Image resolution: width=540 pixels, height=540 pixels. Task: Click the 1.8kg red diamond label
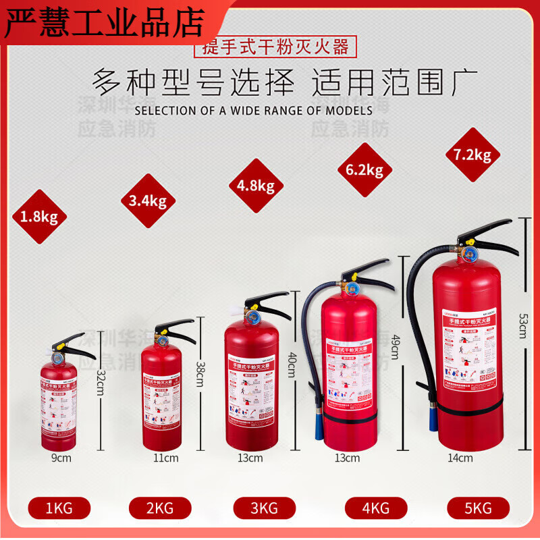[x=39, y=217]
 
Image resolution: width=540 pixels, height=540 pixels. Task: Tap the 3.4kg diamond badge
[x=148, y=200]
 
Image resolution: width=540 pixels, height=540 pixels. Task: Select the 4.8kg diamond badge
[x=256, y=186]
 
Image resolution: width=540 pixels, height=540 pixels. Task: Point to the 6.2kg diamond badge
[x=364, y=170]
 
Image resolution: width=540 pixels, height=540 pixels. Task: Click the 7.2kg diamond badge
[x=473, y=155]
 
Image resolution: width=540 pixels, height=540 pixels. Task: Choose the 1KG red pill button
[x=59, y=508]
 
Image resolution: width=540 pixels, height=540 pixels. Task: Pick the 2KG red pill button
[x=160, y=508]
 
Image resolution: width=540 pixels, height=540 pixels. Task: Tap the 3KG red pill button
[x=264, y=508]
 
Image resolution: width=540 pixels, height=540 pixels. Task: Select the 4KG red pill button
[x=376, y=508]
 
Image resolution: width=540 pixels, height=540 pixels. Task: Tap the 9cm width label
[x=61, y=458]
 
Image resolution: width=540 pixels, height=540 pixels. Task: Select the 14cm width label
[x=460, y=458]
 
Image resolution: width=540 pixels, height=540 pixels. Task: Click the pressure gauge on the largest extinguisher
[x=468, y=254]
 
